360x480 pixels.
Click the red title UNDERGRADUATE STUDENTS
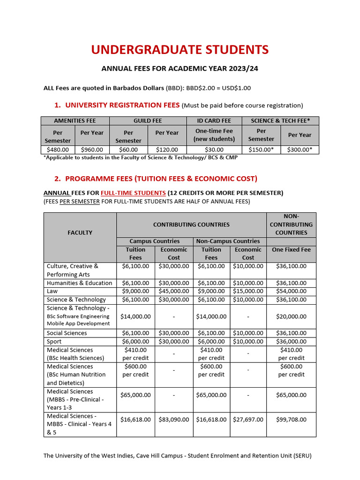[180, 50]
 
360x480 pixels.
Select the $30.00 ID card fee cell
[214, 150]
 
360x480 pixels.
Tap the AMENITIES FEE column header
[75, 120]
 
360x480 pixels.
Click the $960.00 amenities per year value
[92, 150]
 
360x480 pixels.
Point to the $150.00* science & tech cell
[261, 150]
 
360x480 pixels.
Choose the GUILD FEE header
[148, 120]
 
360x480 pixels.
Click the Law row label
[52, 291]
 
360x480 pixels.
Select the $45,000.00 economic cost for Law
[173, 291]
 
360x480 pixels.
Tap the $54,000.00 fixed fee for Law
[291, 291]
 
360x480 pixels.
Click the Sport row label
[55, 341]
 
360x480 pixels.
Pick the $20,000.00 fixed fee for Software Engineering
[291, 316]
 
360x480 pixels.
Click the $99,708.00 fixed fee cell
[291, 420]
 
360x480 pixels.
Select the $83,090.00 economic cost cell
[173, 420]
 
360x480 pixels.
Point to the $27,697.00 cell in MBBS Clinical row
[248, 420]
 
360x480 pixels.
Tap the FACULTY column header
[80, 232]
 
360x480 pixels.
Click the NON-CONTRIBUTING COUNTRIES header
[291, 224]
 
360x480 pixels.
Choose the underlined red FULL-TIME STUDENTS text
[133, 193]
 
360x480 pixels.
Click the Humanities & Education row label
[79, 283]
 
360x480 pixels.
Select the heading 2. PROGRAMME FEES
[155, 179]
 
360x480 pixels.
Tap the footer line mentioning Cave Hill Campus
[177, 456]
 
